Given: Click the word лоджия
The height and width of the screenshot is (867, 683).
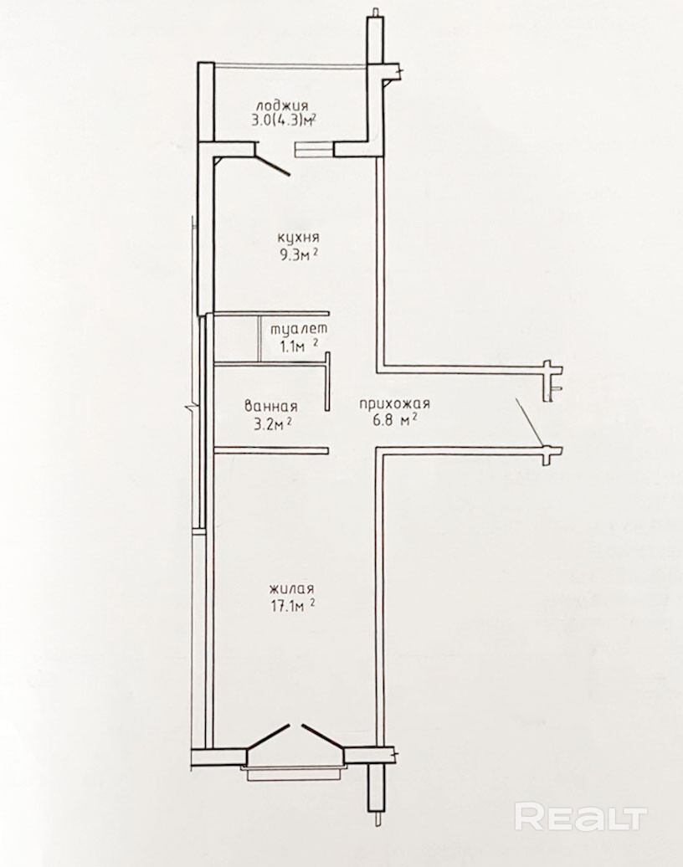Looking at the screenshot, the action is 281,106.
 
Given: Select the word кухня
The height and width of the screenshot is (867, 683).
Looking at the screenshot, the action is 299,239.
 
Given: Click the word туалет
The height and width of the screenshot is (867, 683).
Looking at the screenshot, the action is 299,328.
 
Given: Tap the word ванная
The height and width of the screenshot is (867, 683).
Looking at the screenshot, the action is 271,407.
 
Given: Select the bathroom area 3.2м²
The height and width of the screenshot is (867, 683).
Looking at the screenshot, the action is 268,424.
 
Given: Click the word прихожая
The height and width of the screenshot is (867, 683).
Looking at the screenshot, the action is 394,404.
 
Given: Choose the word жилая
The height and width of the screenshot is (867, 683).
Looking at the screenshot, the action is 292,587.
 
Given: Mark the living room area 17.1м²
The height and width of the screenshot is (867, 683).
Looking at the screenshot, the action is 290,605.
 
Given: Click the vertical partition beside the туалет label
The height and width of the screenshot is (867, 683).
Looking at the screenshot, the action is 260,338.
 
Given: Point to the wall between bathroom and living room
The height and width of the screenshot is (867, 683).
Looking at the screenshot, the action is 271,450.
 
